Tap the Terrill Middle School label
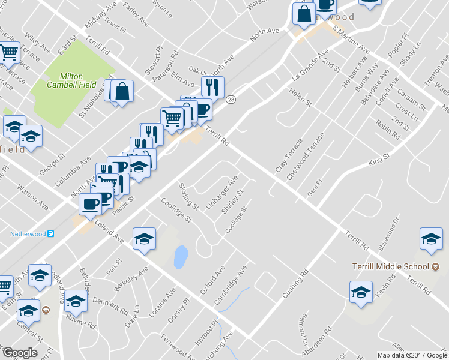[391, 266]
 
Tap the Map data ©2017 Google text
[411, 355]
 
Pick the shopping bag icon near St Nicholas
[122, 91]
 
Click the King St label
[379, 160]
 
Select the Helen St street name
[301, 98]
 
